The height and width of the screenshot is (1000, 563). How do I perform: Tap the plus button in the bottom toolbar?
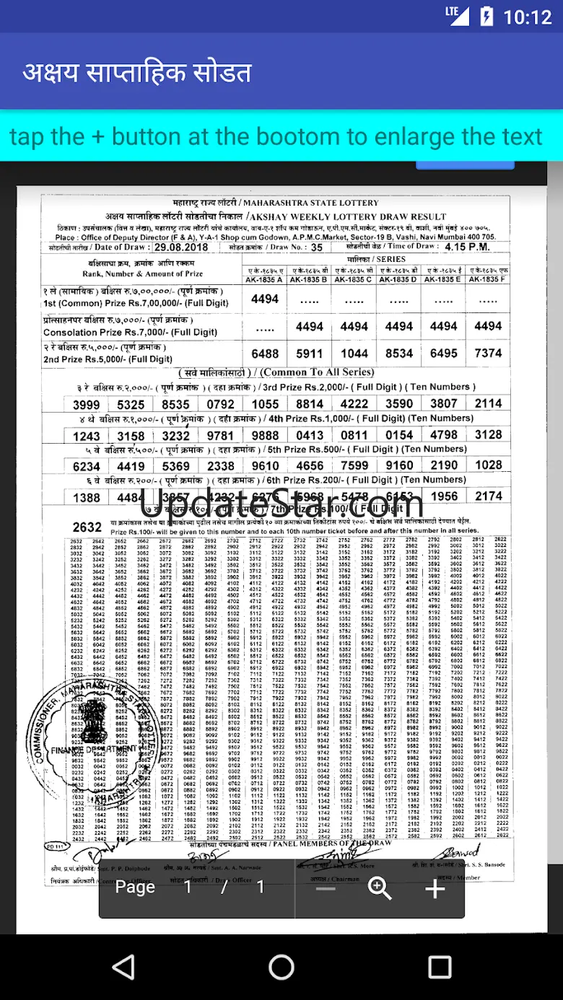point(435,888)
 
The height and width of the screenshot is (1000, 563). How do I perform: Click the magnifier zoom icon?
point(380,888)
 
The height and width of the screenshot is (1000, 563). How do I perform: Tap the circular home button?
point(281,967)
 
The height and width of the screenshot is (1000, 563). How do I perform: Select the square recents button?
point(440,967)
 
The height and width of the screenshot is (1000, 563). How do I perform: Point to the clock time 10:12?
point(528,16)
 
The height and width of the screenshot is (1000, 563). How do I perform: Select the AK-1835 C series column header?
point(354,279)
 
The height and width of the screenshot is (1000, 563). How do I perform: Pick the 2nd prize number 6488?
point(265,354)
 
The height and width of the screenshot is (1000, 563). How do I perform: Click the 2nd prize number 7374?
point(488,354)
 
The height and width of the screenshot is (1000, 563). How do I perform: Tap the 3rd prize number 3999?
point(87,405)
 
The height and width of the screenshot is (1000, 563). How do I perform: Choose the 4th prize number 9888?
point(265,435)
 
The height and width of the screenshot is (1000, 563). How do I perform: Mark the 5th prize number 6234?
point(87,466)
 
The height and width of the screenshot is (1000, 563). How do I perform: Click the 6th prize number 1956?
point(444,496)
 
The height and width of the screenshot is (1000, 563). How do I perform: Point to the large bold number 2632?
point(87,527)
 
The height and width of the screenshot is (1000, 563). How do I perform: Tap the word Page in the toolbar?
point(135,887)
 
